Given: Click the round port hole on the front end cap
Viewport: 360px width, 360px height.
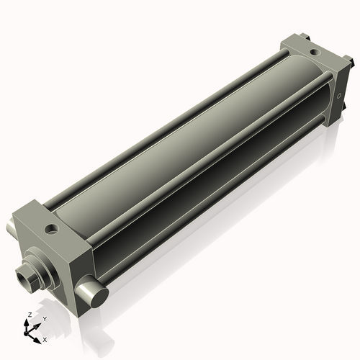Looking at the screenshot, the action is click(x=52, y=229).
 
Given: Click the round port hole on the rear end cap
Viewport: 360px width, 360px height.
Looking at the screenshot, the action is click(x=314, y=51).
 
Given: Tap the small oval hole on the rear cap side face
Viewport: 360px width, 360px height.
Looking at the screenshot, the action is click(x=339, y=96).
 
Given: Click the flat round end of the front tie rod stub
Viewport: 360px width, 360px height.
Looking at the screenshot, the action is click(x=100, y=298).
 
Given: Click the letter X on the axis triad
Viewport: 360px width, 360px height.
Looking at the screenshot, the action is click(x=45, y=340).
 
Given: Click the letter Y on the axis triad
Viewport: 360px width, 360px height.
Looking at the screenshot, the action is click(x=45, y=319).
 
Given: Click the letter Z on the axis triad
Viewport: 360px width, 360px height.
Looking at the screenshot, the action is click(x=30, y=315).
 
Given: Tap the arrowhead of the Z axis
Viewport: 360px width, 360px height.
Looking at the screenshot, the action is click(x=26, y=323).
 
